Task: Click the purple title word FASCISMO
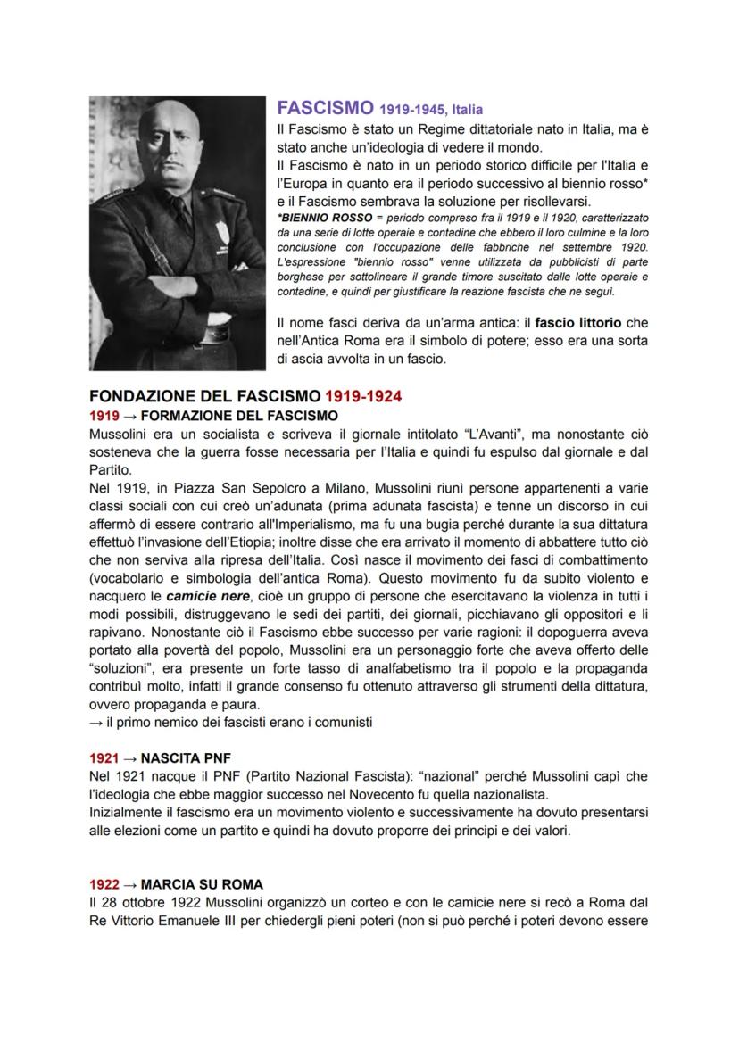(324, 109)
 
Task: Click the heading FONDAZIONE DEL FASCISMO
(204, 395)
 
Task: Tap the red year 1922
(104, 884)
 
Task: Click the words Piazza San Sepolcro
(212, 491)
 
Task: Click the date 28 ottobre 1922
(147, 902)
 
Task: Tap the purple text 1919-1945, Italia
(431, 111)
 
